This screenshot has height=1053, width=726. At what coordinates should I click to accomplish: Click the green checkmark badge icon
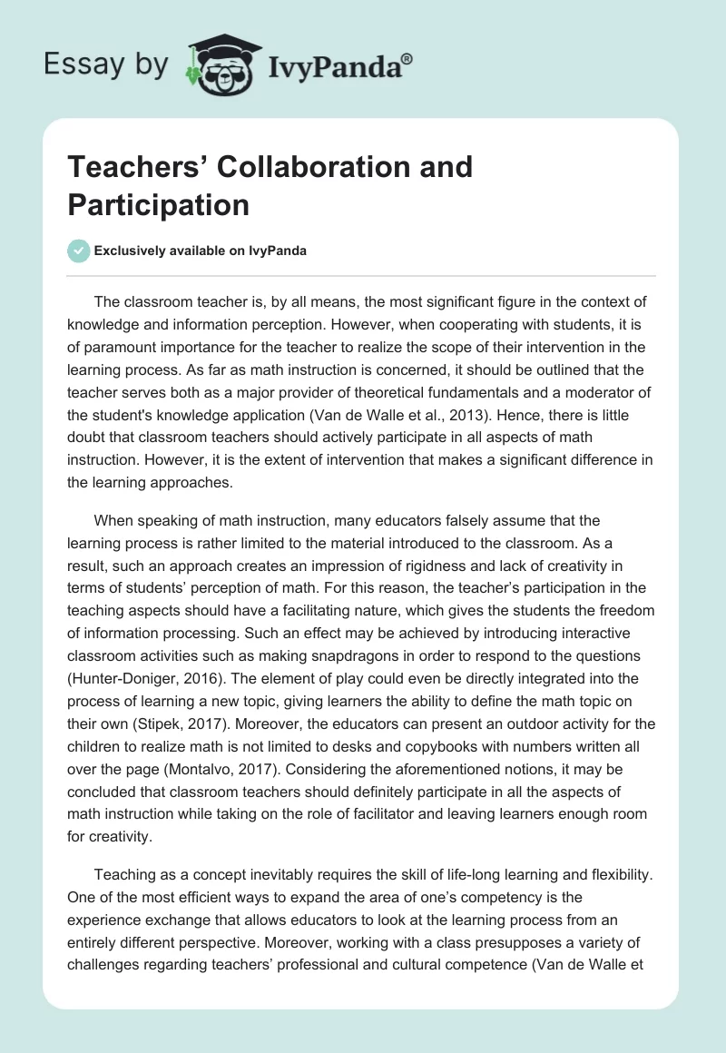click(78, 251)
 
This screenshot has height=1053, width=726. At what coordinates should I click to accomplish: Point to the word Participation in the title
click(158, 205)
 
